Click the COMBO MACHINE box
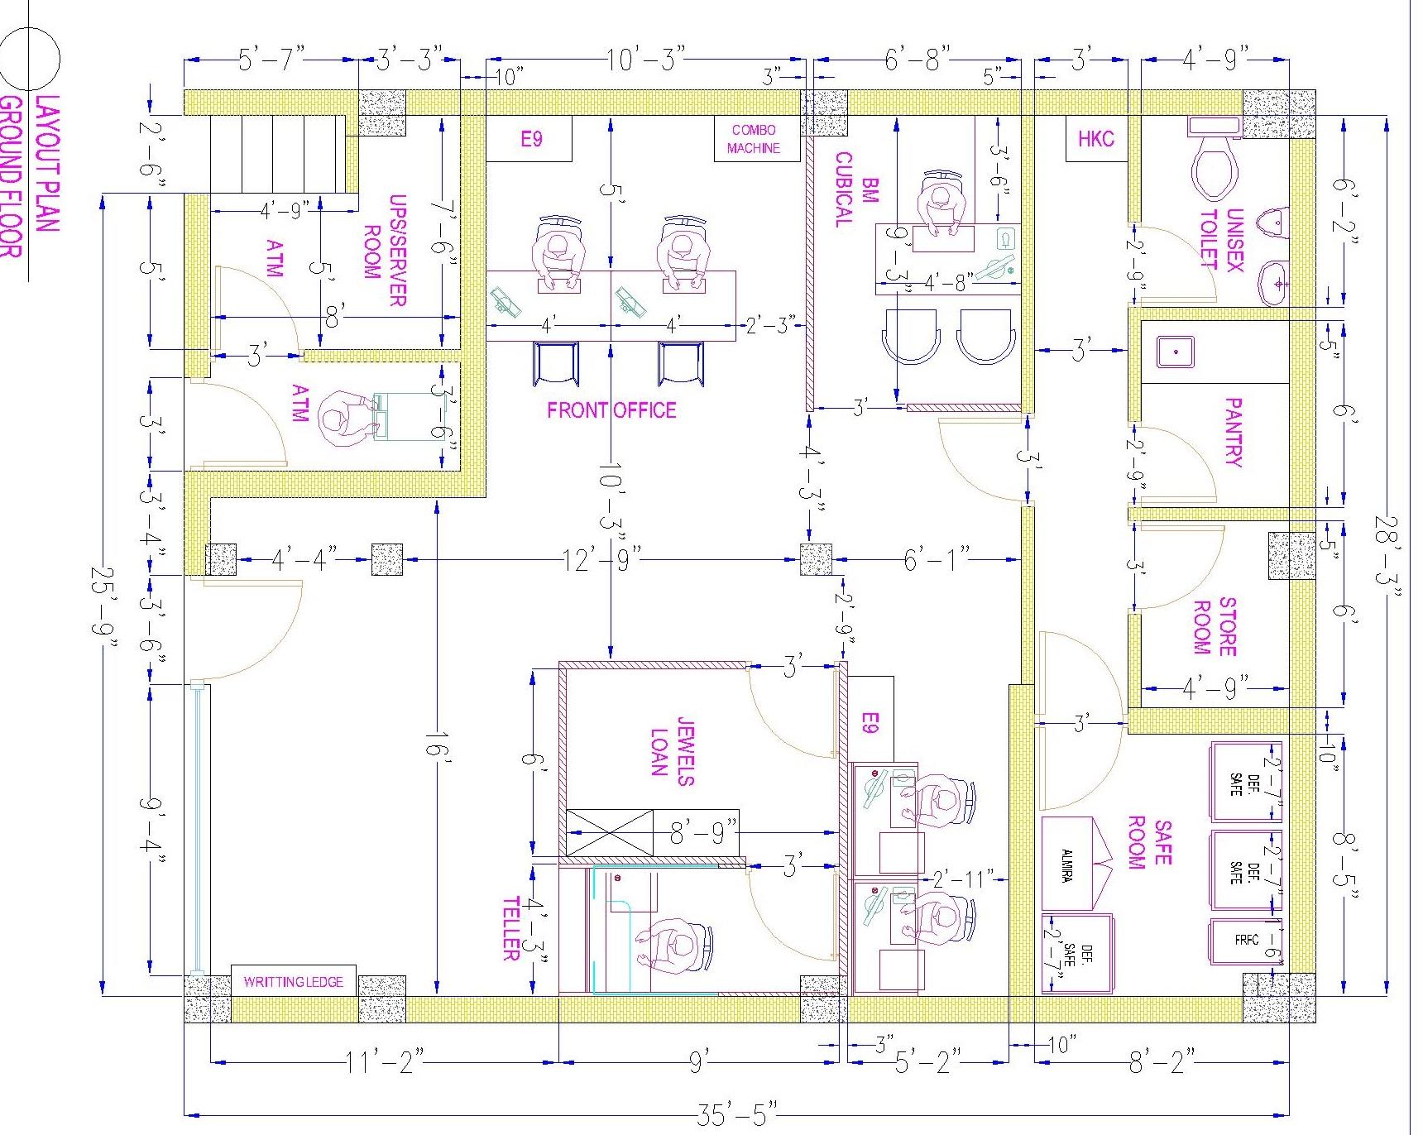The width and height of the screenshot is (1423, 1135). click(x=754, y=139)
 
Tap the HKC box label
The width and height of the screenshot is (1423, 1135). click(x=1095, y=139)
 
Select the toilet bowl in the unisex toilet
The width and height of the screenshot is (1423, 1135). click(x=1214, y=168)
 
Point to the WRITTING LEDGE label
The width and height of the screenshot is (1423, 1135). click(x=293, y=982)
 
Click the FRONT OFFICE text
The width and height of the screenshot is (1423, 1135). click(x=611, y=410)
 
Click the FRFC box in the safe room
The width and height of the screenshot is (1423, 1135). click(x=1245, y=941)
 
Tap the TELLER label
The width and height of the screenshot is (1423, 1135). click(x=510, y=928)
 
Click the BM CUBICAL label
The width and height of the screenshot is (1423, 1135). click(x=857, y=189)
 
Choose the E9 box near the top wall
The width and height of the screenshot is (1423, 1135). click(x=530, y=139)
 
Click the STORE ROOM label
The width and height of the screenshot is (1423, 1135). click(x=1215, y=626)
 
